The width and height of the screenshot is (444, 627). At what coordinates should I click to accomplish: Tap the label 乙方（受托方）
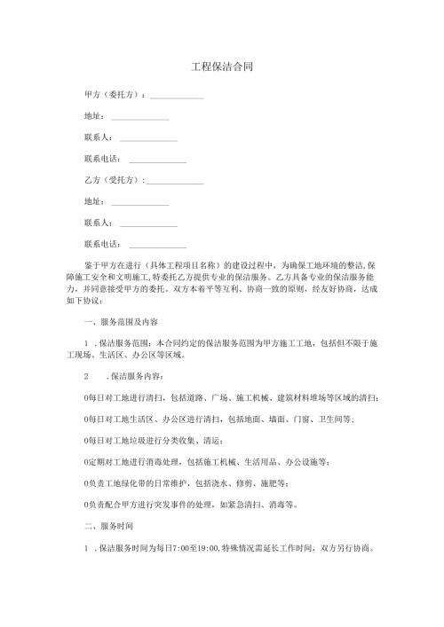coord(113,181)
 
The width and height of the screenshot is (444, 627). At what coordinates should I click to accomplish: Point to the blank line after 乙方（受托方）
coord(175,182)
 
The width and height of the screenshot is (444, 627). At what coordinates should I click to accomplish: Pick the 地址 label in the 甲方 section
coord(92,116)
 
